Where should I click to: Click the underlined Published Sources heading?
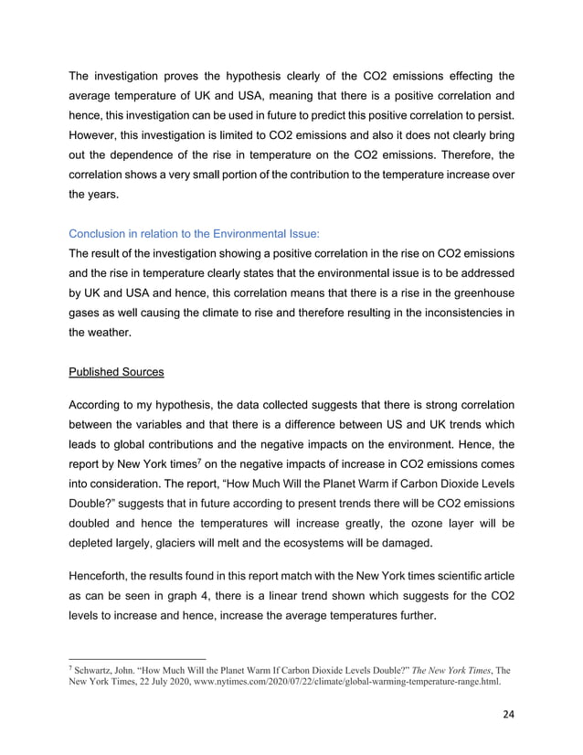click(x=116, y=372)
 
